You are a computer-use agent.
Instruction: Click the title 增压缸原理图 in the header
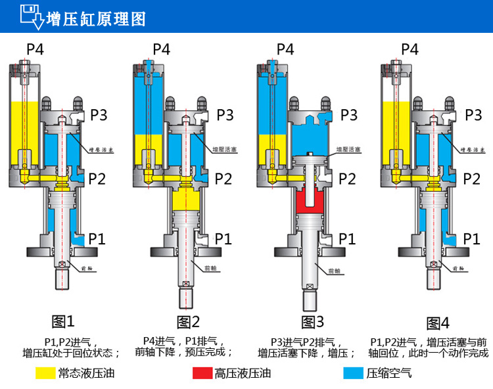point(96,18)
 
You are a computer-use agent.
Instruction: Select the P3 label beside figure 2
point(225,115)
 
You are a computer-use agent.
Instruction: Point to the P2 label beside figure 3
point(348,178)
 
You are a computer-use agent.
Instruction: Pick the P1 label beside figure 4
point(471,238)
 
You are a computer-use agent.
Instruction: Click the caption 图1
point(63,321)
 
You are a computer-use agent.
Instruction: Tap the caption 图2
point(187,321)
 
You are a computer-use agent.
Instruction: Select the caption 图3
point(312,321)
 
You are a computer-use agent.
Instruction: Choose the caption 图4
point(438,322)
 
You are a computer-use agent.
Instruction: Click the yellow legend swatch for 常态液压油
point(45,373)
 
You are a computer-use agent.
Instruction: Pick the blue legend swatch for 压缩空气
point(354,373)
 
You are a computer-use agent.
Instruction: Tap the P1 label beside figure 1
point(97,238)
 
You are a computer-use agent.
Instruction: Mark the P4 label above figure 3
point(285,49)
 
